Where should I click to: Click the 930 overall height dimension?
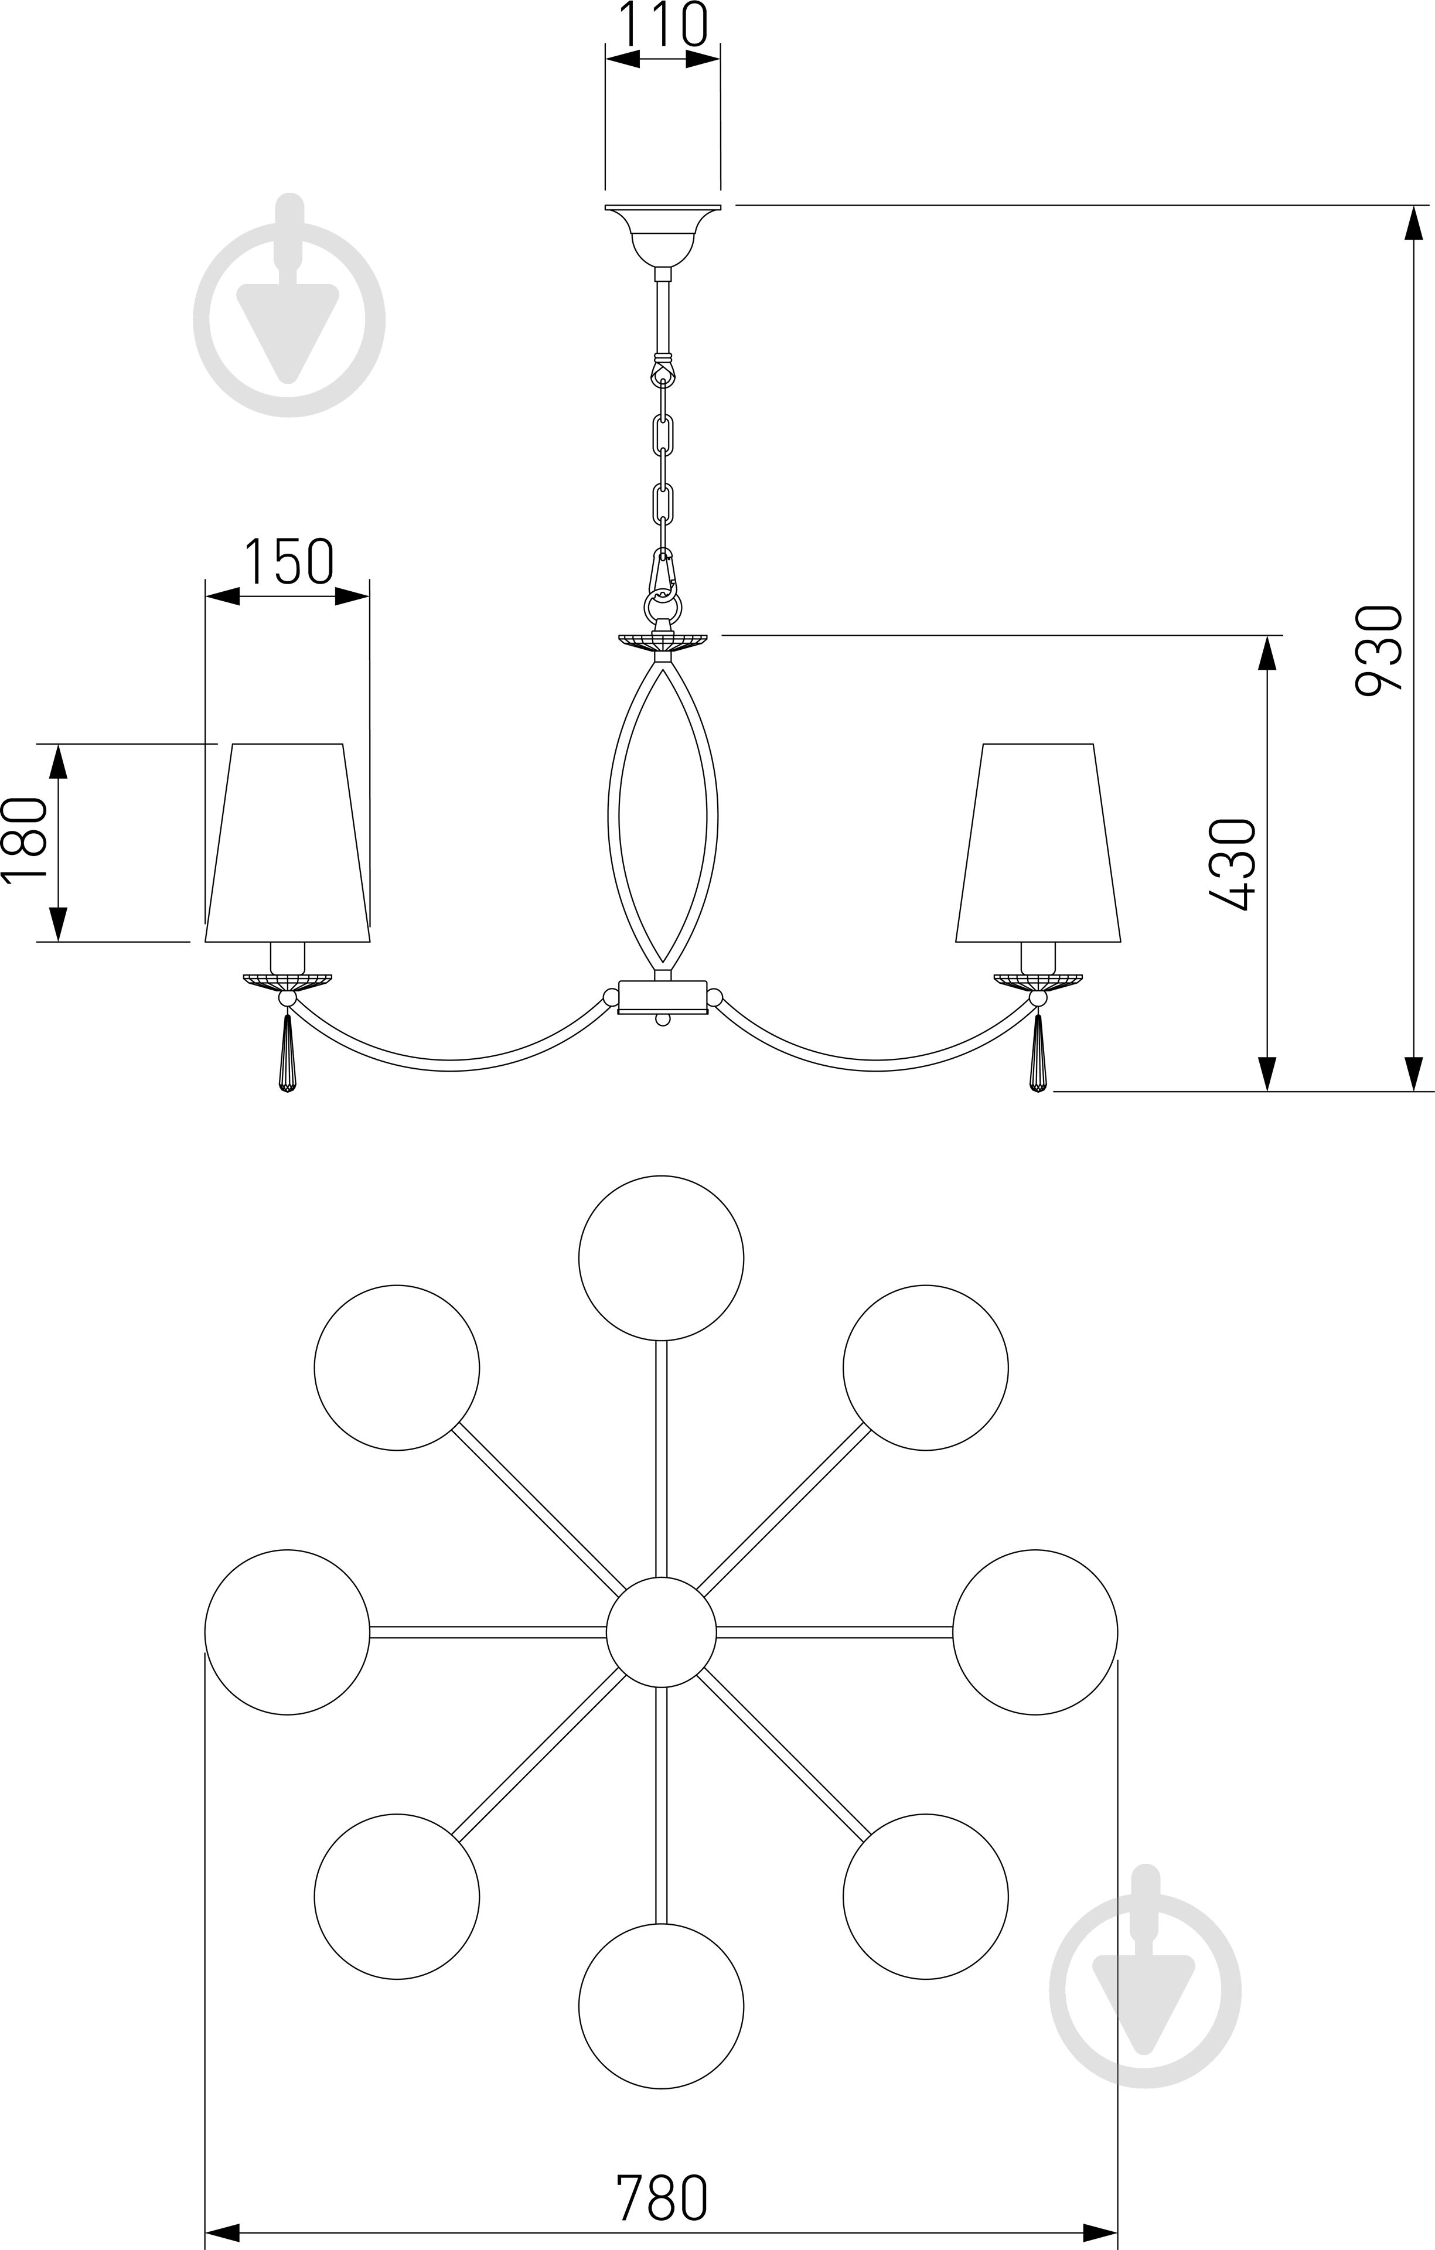click(1379, 649)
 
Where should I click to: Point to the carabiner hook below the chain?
click(662, 575)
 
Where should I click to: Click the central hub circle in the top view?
click(662, 1631)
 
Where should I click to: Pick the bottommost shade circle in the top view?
click(662, 2006)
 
